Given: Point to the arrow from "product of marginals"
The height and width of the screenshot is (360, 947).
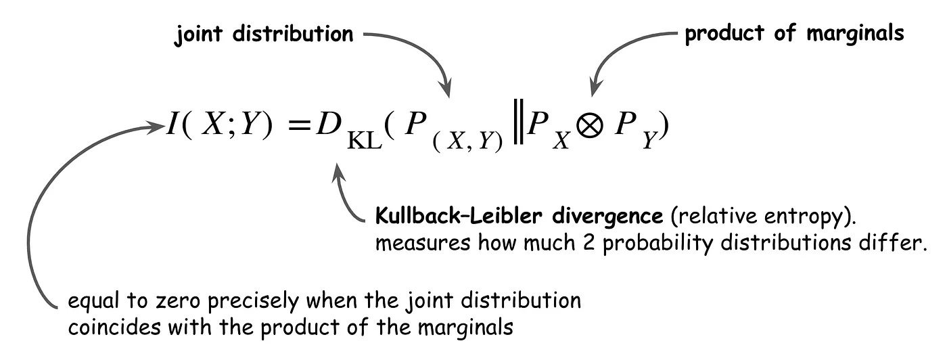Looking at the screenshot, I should pyautogui.click(x=622, y=51).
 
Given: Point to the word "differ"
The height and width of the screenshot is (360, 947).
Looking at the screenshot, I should pyautogui.click(x=900, y=243).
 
